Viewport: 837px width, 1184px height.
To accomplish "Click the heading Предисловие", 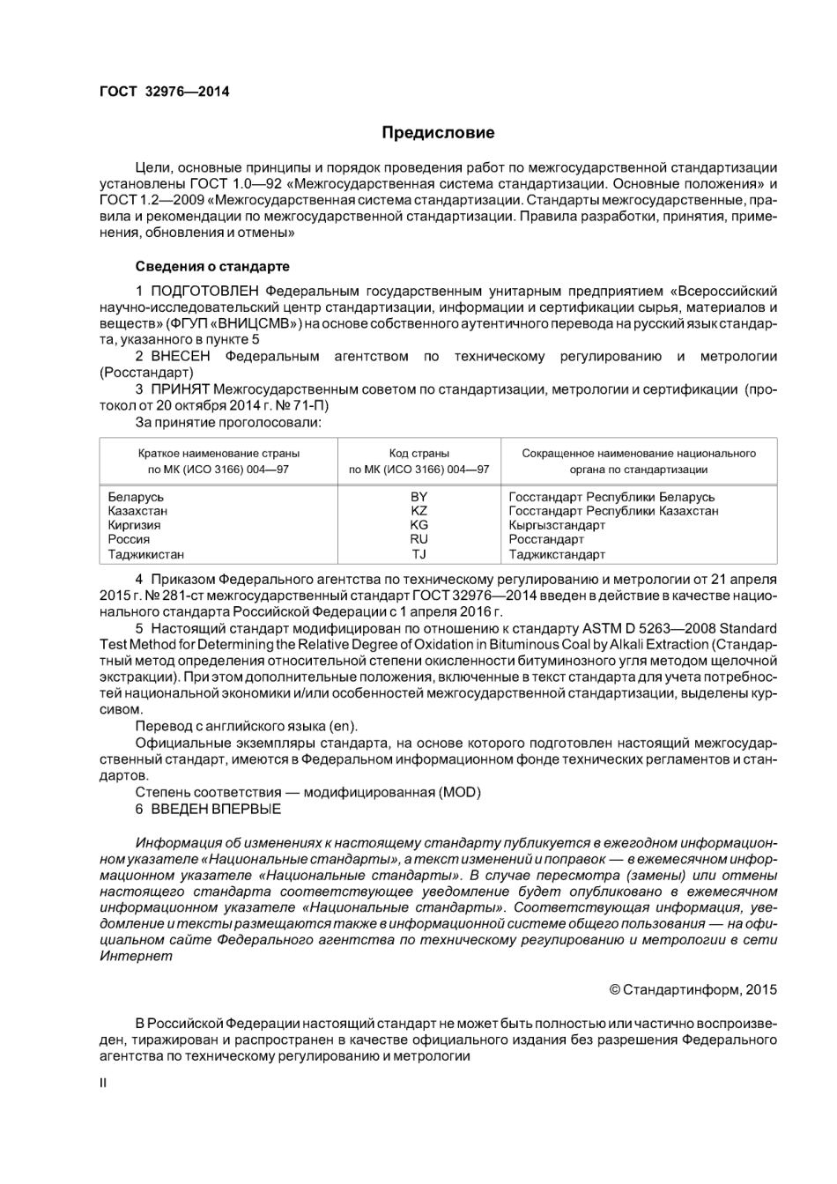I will point(438,133).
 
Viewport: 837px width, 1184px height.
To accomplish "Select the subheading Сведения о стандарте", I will point(212,266).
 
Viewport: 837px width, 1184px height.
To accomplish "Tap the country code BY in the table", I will point(419,497).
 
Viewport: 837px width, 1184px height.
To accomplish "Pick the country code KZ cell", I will point(419,511).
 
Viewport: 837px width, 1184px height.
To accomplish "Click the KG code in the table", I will point(419,525).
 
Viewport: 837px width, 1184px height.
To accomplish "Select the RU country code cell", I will point(419,539).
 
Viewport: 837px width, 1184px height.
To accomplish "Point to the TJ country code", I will point(419,554).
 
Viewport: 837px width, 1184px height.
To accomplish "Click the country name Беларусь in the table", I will point(136,497).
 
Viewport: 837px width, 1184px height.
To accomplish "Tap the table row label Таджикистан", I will point(146,554).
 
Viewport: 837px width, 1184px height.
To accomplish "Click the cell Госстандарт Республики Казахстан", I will point(613,511).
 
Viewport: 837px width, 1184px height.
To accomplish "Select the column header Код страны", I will point(419,454).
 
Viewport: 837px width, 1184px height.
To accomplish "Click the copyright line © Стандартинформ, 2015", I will point(693,989).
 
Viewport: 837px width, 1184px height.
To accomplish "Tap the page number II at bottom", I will point(103,1083).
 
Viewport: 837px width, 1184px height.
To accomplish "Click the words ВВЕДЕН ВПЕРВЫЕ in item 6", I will point(216,809).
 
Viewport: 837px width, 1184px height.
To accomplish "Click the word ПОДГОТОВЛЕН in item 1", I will point(205,291).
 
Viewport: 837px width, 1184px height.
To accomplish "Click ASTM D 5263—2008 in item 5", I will point(649,628).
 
